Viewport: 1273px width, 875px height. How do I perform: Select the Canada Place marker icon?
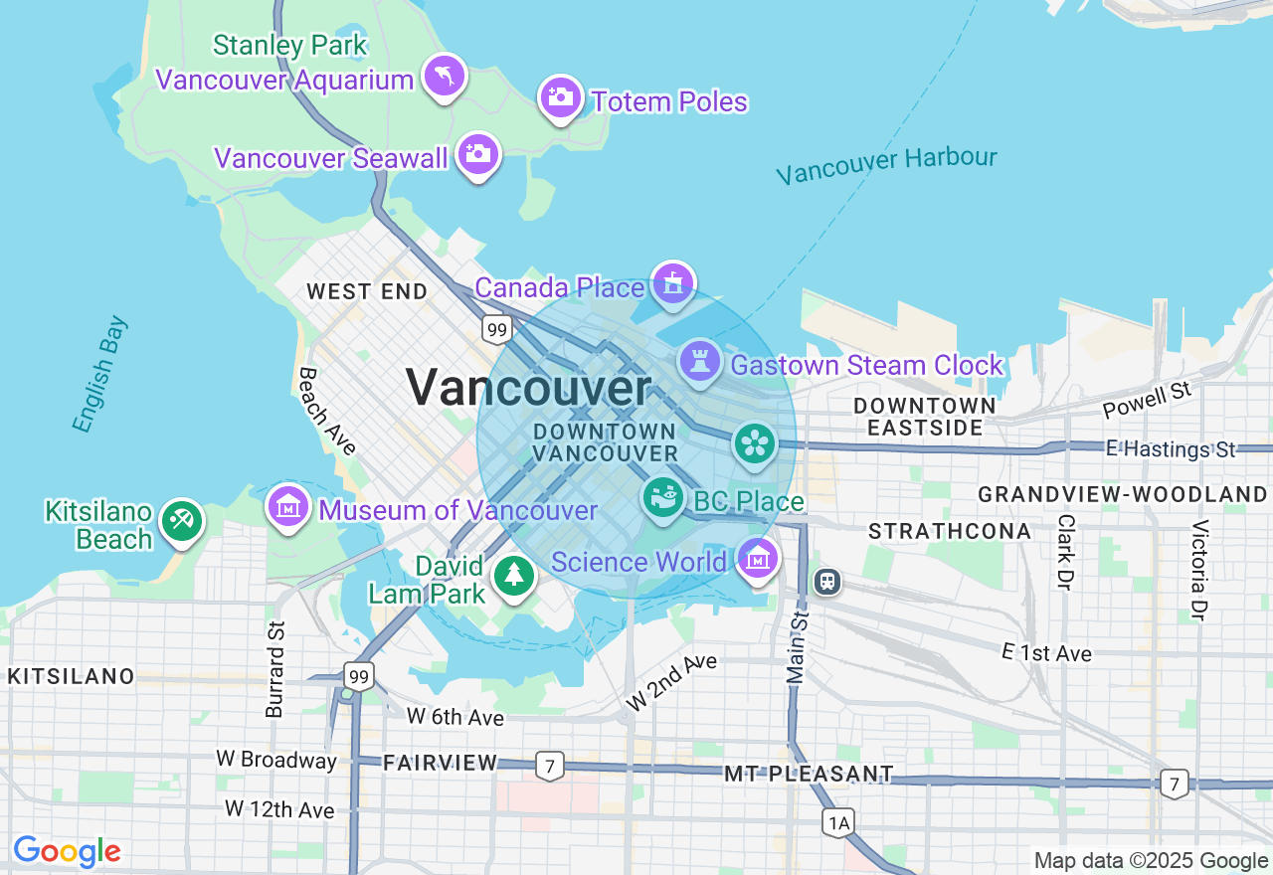click(673, 284)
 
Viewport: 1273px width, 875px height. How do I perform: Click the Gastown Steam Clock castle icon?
click(700, 362)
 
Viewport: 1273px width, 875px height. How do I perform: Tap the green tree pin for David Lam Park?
click(513, 575)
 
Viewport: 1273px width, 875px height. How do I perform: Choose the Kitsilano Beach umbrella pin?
click(181, 520)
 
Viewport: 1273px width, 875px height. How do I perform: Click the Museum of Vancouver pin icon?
click(288, 507)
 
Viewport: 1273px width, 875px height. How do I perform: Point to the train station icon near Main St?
click(826, 581)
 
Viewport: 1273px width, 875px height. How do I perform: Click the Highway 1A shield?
click(838, 822)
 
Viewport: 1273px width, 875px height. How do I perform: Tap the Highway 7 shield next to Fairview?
click(549, 766)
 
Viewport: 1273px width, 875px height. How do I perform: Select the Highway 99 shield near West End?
click(497, 329)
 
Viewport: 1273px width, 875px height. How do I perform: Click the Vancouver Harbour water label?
click(886, 165)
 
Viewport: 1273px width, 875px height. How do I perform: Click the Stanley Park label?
click(289, 46)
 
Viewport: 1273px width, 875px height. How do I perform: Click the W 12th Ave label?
click(279, 809)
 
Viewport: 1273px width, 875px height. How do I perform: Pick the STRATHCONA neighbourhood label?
click(950, 531)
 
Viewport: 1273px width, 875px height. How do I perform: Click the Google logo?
click(67, 851)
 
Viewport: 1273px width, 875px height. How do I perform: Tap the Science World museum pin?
click(759, 559)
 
